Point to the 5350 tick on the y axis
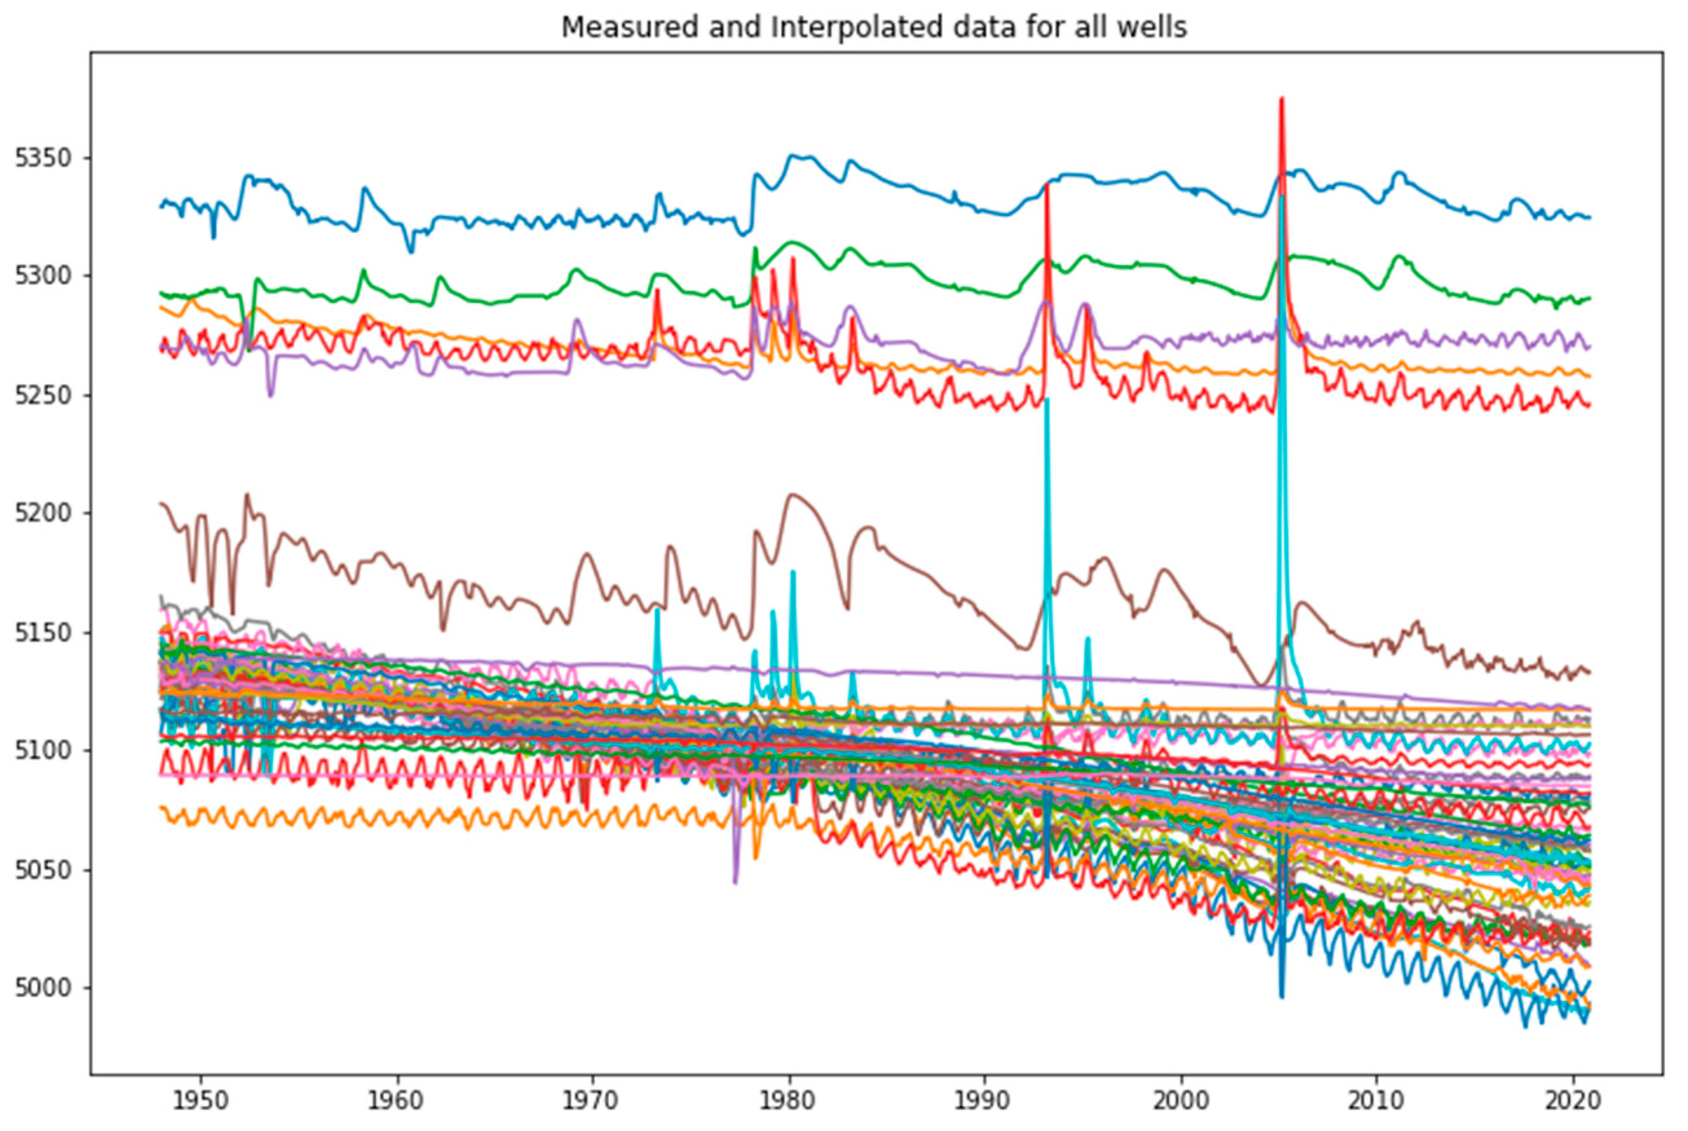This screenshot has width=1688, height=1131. pyautogui.click(x=44, y=158)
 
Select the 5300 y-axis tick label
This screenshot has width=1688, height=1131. pyautogui.click(x=44, y=276)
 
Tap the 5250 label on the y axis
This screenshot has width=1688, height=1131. pyautogui.click(x=44, y=395)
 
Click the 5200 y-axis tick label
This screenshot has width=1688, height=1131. pyautogui.click(x=44, y=514)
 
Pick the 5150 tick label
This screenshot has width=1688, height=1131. pyautogui.click(x=44, y=633)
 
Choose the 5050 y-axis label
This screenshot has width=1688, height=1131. pyautogui.click(x=44, y=870)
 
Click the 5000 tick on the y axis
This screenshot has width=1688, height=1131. pyautogui.click(x=44, y=987)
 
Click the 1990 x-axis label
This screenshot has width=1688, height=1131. pyautogui.click(x=985, y=1101)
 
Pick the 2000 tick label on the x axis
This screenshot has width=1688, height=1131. pyautogui.click(x=1182, y=1101)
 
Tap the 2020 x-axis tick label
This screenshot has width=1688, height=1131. pyautogui.click(x=1573, y=1101)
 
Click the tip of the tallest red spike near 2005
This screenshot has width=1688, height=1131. pyautogui.click(x=1281, y=98)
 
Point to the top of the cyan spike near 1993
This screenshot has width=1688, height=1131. pyautogui.click(x=1047, y=399)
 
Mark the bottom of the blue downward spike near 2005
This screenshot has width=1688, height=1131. pyautogui.click(x=1282, y=998)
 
